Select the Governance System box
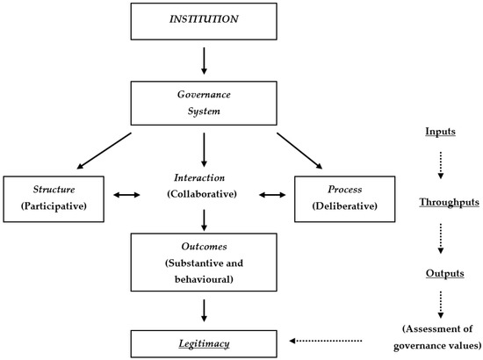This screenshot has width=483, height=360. click(204, 104)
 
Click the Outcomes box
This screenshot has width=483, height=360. click(204, 260)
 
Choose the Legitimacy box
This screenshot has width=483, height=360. click(204, 342)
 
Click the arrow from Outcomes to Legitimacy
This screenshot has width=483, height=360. click(204, 309)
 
